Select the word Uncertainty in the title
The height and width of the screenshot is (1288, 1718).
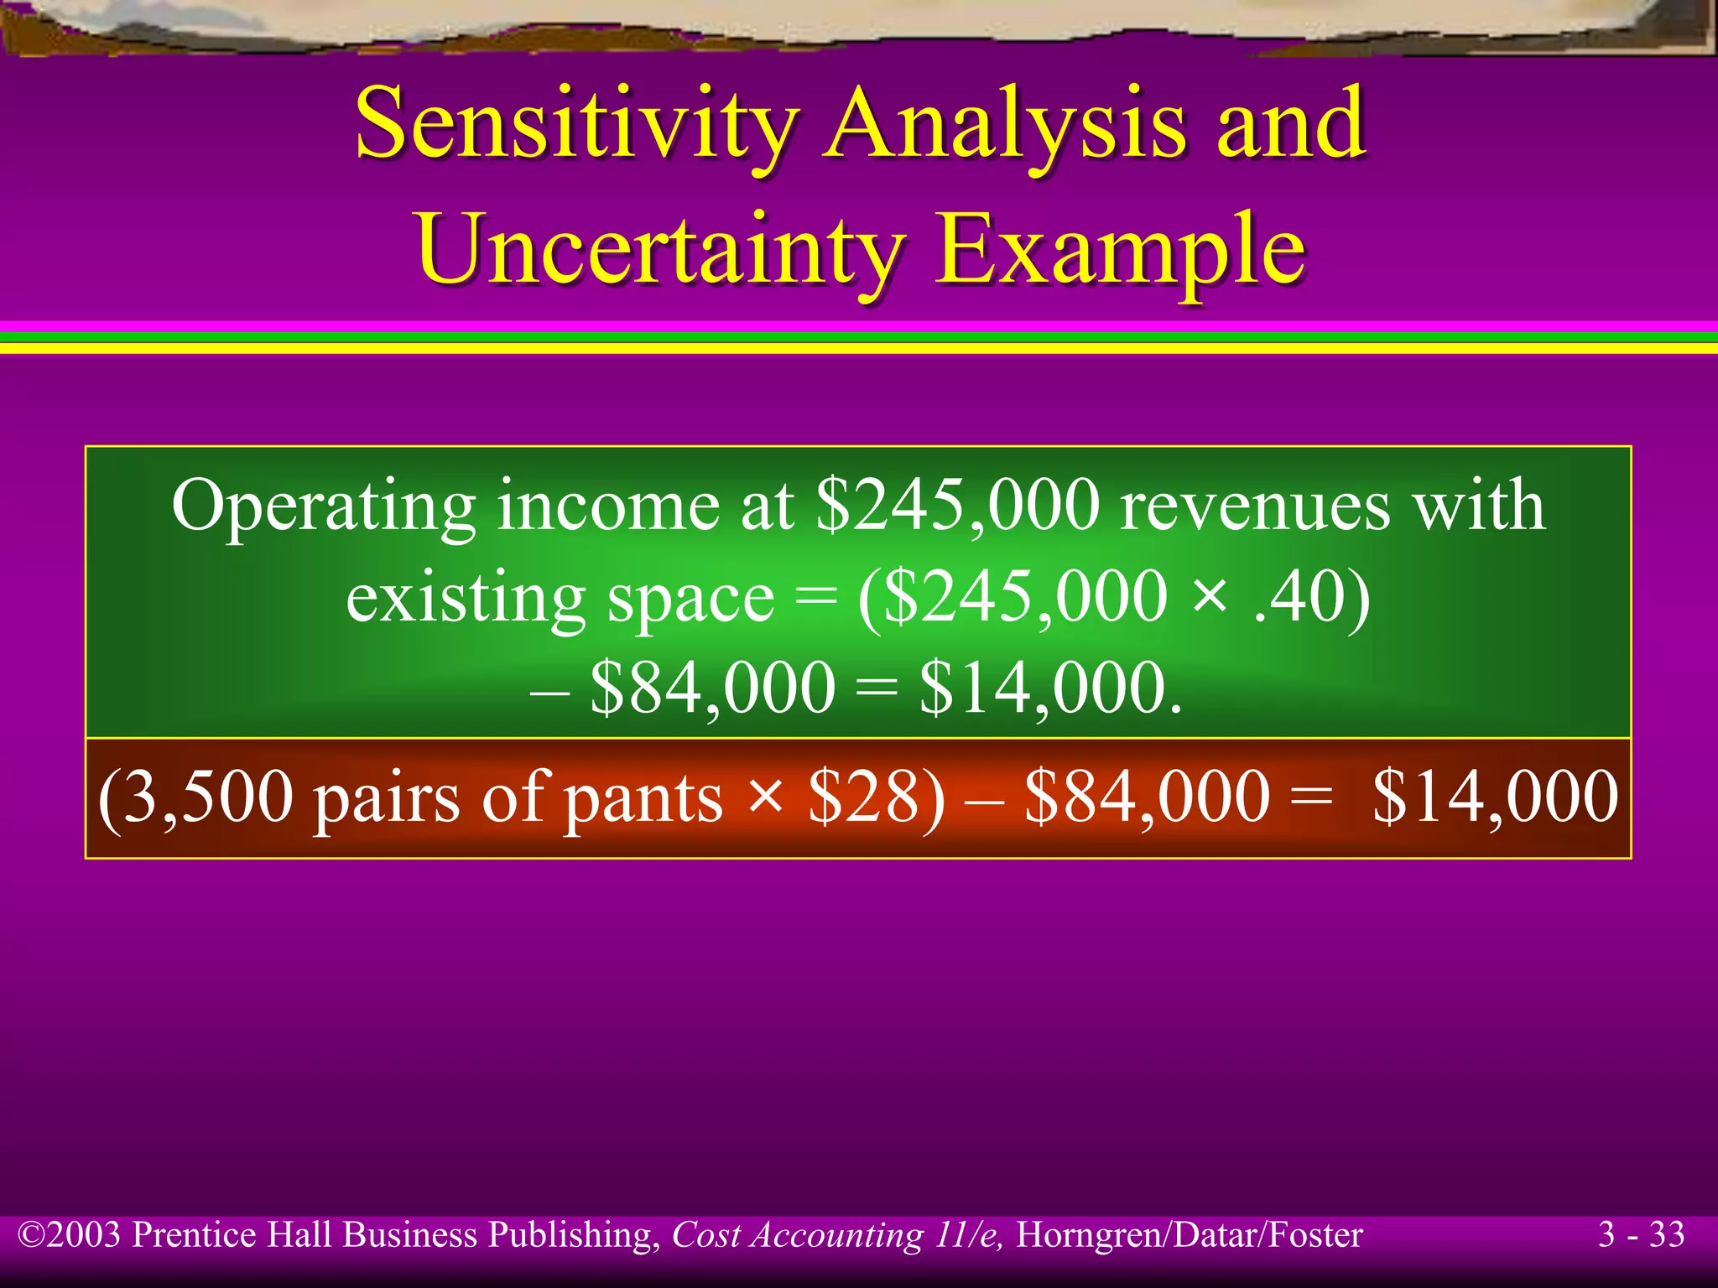(660, 249)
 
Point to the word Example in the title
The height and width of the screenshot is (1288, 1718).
(1120, 249)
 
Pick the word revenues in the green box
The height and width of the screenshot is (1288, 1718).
(1254, 506)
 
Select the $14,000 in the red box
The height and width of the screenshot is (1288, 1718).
(1495, 797)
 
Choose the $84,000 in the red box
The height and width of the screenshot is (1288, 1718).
(1147, 797)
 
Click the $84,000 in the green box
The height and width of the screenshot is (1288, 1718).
(713, 688)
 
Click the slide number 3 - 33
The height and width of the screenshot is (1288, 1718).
(1641, 1234)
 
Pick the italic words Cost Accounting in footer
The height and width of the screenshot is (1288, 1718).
(797, 1235)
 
